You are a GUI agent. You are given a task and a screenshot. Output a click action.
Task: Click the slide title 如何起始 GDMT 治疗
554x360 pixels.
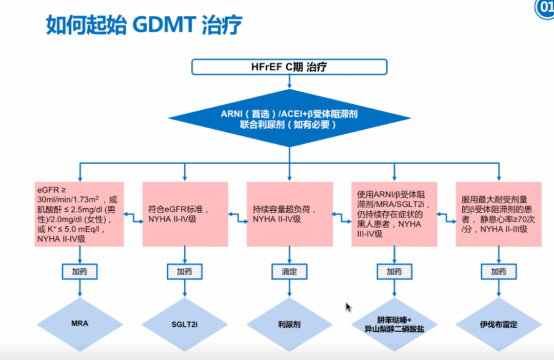click(143, 25)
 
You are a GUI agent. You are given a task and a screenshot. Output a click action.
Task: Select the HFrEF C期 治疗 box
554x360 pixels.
click(289, 68)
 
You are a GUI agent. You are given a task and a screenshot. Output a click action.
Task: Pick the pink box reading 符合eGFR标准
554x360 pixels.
click(184, 214)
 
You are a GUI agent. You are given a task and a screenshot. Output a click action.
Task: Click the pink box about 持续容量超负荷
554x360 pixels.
click(289, 214)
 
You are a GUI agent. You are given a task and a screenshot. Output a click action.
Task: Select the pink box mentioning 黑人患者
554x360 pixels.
click(394, 214)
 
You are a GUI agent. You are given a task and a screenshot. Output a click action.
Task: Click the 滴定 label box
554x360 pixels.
click(289, 271)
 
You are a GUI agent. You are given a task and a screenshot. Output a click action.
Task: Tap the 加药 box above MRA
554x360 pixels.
click(79, 271)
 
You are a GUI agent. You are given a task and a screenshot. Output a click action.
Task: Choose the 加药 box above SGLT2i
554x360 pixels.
click(184, 271)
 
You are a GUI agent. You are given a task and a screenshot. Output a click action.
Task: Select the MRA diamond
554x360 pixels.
click(79, 324)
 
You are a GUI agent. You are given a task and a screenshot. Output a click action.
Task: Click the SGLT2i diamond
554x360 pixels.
click(184, 324)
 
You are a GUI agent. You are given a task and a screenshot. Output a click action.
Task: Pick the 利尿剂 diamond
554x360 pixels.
click(289, 324)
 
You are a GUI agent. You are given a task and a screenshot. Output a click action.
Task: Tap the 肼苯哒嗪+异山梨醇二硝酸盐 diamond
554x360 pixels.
click(394, 324)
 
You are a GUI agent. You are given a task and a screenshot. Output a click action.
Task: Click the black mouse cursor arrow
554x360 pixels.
click(348, 307)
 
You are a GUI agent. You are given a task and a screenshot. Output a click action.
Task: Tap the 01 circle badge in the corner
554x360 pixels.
click(545, 9)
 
